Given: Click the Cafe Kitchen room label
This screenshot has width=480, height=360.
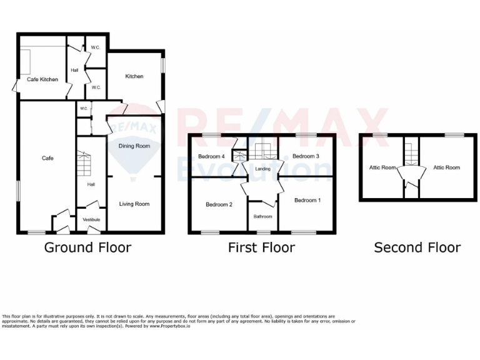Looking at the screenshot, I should pyautogui.click(x=42, y=79).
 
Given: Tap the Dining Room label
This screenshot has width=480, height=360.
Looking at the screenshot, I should pyautogui.click(x=134, y=146).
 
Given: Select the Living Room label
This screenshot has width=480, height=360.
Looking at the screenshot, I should pyautogui.click(x=134, y=204).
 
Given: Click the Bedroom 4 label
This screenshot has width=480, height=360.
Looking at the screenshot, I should pyautogui.click(x=211, y=156).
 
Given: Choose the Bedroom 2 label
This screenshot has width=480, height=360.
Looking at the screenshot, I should pyautogui.click(x=219, y=204).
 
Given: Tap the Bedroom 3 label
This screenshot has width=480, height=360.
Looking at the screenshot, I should pyautogui.click(x=306, y=156).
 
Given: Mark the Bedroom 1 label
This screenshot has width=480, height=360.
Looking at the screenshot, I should pyautogui.click(x=307, y=200).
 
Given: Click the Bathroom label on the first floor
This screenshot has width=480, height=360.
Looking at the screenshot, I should pyautogui.click(x=262, y=216).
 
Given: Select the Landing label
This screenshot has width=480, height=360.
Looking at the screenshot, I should pyautogui.click(x=262, y=169).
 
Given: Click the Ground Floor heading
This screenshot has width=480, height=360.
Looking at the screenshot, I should pyautogui.click(x=87, y=247).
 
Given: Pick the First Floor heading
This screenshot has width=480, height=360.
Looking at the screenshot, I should pyautogui.click(x=261, y=247).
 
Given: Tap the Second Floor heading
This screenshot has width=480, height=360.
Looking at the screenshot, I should pyautogui.click(x=417, y=247).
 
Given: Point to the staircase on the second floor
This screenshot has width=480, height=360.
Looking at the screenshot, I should pyautogui.click(x=409, y=152).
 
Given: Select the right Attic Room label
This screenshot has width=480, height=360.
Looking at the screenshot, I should pyautogui.click(x=446, y=167).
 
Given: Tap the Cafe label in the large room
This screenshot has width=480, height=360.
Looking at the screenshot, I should pyautogui.click(x=47, y=158).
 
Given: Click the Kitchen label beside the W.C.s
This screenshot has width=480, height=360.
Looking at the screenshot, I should pyautogui.click(x=134, y=76).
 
